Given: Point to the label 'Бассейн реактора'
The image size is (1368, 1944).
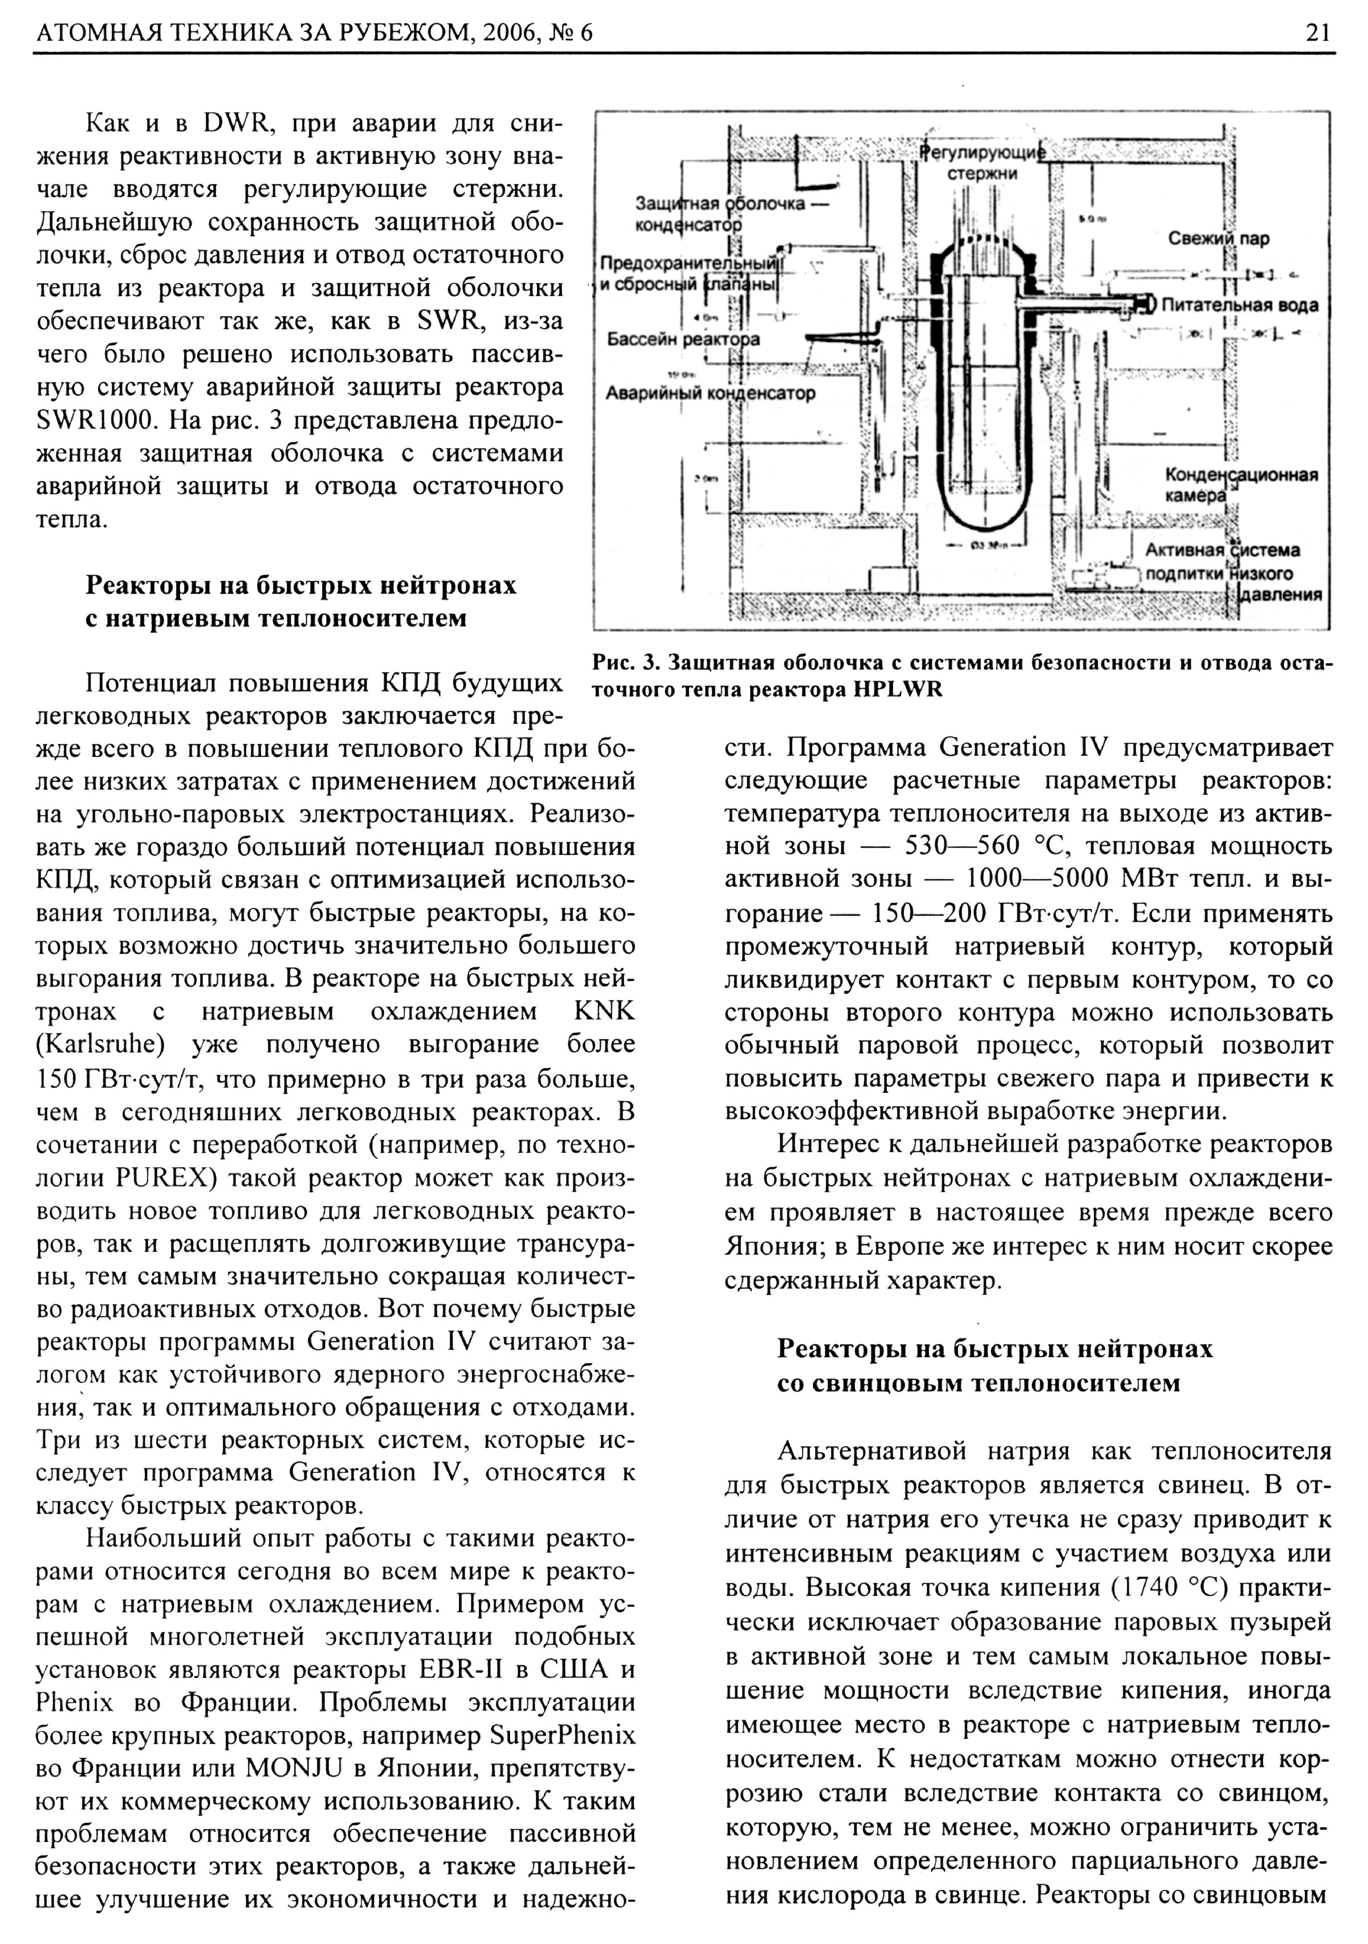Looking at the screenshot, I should pos(683,339).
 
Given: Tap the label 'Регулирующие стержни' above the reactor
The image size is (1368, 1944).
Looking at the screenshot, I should pos(983,162).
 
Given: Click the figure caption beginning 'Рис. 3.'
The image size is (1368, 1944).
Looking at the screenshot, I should pos(962,675).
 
